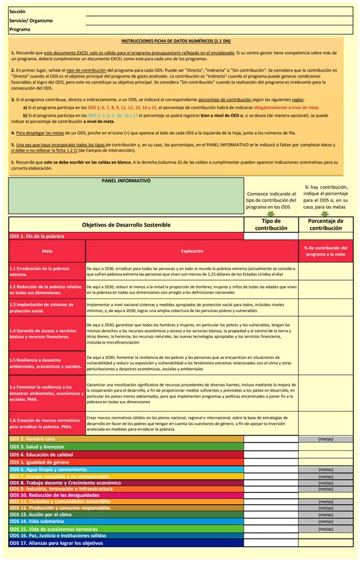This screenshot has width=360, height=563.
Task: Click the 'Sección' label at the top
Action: point(18,12)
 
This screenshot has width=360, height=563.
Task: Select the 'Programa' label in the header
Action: point(20,29)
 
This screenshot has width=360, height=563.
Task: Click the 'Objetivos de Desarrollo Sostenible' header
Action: point(126,225)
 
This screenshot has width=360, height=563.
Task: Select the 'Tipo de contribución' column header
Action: point(271,225)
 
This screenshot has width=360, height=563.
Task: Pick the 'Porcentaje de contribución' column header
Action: point(325,225)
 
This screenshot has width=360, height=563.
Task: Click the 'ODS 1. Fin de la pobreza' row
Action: point(37,236)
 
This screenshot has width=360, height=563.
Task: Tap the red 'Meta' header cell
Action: point(47,251)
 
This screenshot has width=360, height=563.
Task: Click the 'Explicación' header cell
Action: point(192,251)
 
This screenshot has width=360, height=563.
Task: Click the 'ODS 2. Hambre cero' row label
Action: point(33,439)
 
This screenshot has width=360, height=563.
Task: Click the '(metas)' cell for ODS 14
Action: point(326,521)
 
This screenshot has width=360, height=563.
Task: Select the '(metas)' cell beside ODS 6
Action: point(326,469)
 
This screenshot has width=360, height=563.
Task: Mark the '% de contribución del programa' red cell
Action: point(325,251)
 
